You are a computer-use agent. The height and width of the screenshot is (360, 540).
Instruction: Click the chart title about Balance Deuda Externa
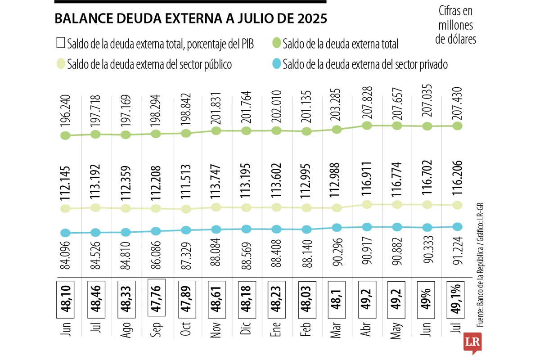coord(191,19)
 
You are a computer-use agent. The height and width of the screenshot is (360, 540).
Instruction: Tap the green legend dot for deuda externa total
coord(277,44)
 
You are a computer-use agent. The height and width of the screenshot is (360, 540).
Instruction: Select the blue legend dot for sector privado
coord(277,64)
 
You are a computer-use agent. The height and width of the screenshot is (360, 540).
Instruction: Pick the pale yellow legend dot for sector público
coord(60,64)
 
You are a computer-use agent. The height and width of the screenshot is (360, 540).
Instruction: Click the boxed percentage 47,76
coord(156,294)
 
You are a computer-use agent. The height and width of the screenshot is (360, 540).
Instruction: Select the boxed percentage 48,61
coord(216,295)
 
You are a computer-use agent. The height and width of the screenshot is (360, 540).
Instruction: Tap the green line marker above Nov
coord(216,131)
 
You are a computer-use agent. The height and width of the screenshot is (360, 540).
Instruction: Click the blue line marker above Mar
coord(337,228)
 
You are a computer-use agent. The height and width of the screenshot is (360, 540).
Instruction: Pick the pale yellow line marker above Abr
coord(367,205)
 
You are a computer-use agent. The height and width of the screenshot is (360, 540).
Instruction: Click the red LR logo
coord(472,342)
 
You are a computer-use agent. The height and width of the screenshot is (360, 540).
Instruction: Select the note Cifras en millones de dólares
coord(455,25)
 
